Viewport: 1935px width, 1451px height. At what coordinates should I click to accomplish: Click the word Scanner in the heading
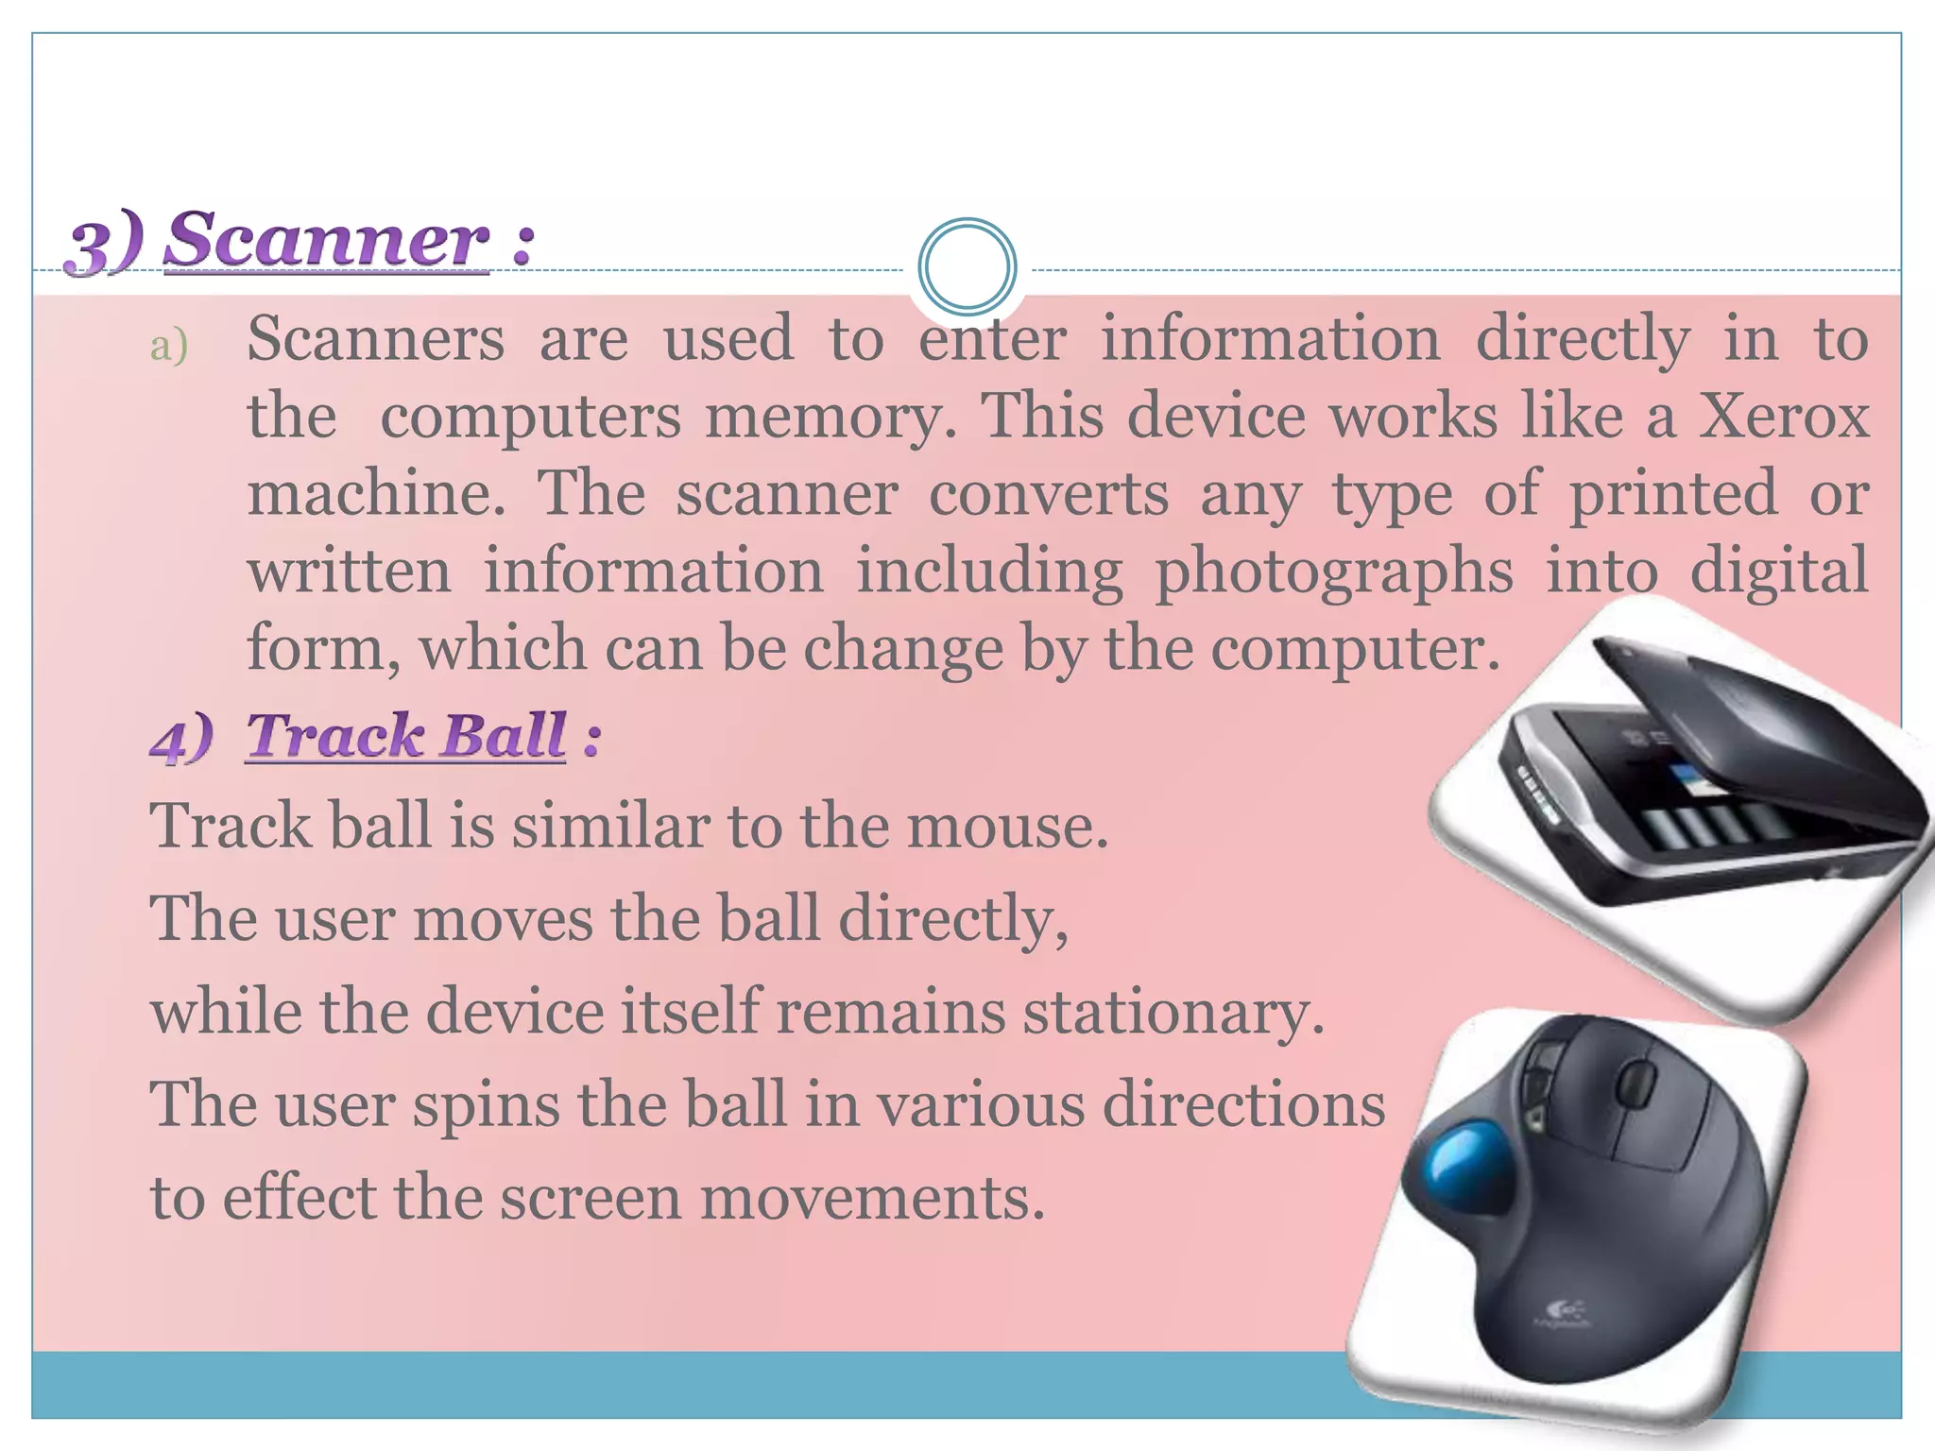[326, 241]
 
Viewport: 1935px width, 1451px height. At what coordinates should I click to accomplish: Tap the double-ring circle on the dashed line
[967, 267]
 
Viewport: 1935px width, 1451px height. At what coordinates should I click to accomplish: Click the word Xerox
[1784, 416]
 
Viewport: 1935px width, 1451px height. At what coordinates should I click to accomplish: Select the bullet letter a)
[169, 346]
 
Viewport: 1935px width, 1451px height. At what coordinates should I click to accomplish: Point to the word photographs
[1333, 572]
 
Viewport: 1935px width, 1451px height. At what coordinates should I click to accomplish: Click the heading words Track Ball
[406, 736]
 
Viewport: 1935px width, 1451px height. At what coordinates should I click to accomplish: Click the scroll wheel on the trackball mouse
[1638, 1082]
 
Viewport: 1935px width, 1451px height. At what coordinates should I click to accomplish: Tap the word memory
[831, 417]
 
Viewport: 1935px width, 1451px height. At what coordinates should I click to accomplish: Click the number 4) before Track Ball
[180, 738]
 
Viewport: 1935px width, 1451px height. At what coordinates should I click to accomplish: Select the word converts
[1048, 494]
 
